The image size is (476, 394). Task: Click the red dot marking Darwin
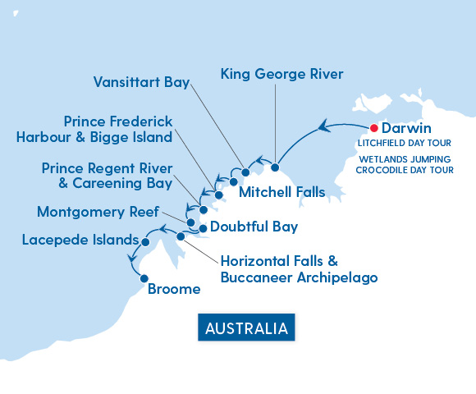coord(373,128)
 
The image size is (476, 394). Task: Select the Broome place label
coord(174,289)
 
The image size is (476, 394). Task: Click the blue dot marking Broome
coord(144,278)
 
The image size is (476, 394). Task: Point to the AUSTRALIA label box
coord(246,328)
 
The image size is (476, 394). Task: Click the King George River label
coord(281,74)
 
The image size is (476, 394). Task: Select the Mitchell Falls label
coord(281,193)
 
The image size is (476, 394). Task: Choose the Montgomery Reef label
coord(98,212)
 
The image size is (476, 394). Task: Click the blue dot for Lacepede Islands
coord(145,242)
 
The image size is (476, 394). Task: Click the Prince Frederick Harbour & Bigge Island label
coord(94,129)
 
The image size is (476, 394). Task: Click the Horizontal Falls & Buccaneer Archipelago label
coord(299,269)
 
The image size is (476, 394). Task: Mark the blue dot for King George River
coord(275,168)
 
